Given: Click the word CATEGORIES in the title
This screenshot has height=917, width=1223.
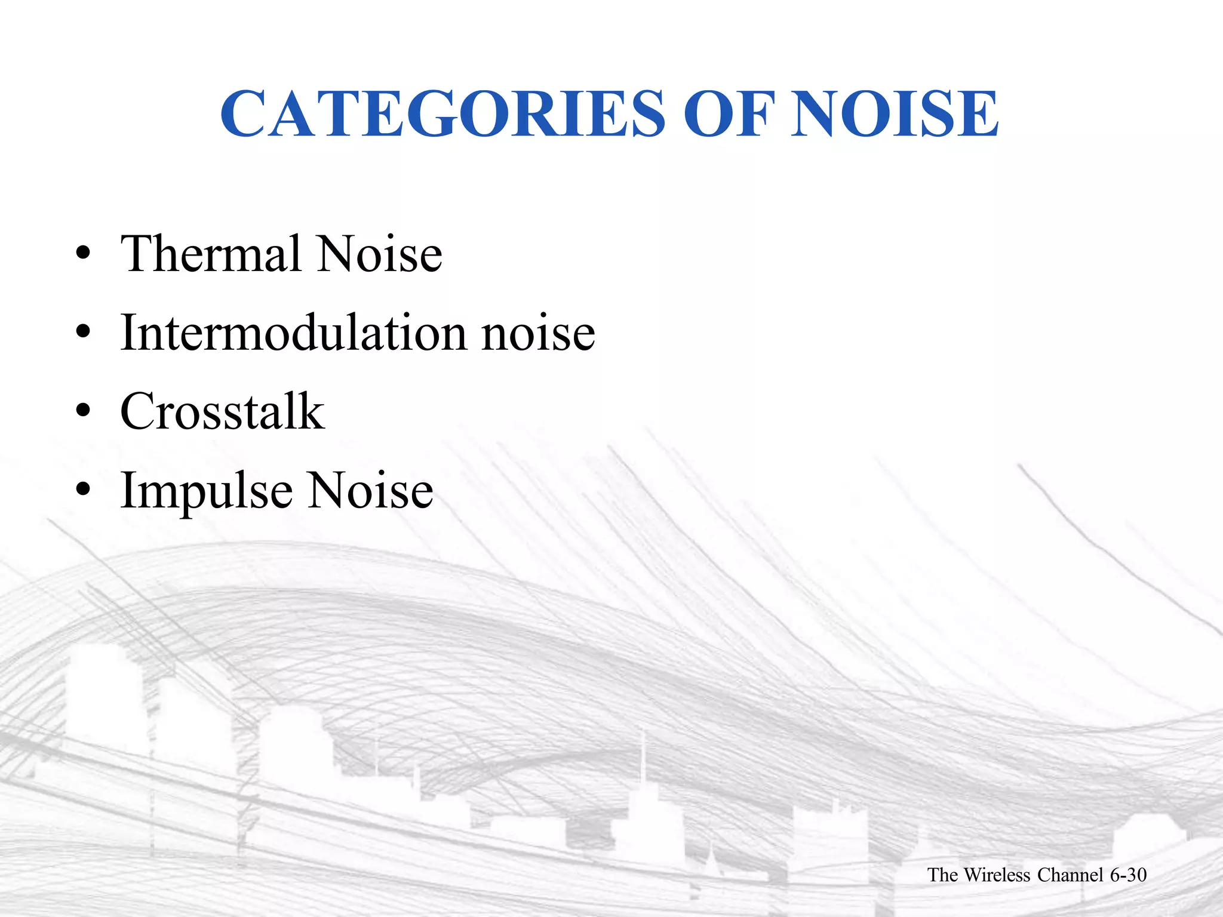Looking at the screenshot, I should coord(442,113).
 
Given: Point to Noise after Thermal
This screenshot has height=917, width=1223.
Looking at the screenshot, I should coord(379,254).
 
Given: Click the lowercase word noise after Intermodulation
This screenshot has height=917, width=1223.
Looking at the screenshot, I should coord(538,333).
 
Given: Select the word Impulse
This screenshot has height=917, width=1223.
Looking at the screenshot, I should coord(207,491).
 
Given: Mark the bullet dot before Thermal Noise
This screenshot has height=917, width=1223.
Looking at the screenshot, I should coord(83,254).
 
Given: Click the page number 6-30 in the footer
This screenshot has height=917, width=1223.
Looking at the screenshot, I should coord(1128,875).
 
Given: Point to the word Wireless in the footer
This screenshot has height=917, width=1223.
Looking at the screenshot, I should coord(997,875).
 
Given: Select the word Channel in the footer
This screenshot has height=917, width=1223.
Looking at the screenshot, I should coord(1070,875).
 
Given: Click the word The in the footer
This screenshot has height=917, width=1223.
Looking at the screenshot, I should coord(942,875).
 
